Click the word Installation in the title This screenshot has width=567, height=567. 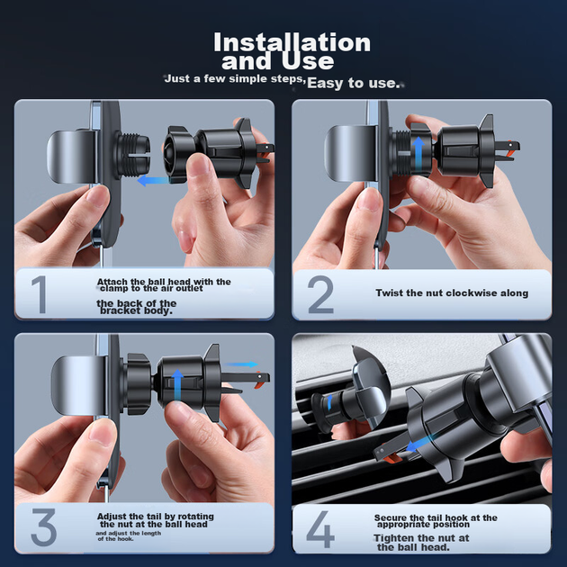click(x=292, y=42)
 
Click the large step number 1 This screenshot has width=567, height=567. click(x=40, y=294)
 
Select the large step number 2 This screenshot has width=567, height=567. click(x=320, y=294)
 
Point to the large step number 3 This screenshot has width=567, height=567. click(x=44, y=527)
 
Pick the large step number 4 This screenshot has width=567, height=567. click(x=320, y=529)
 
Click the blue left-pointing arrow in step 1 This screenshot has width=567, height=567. click(x=155, y=180)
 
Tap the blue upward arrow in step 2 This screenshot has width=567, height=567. click(x=418, y=153)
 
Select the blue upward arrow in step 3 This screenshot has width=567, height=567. click(x=177, y=385)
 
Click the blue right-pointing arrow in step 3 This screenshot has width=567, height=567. click(x=240, y=364)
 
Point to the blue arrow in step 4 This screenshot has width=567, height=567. click(x=418, y=444)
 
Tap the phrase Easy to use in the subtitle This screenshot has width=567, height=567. click(x=353, y=83)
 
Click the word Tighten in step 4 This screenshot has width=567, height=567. click(x=394, y=538)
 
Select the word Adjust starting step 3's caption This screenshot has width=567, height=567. click(x=112, y=517)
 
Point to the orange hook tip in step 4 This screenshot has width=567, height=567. click(x=392, y=459)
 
